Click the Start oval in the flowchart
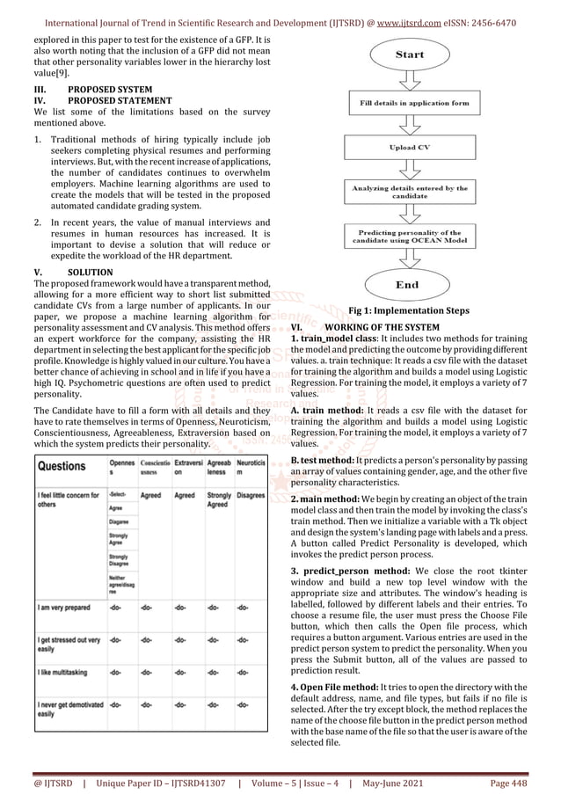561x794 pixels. (410, 55)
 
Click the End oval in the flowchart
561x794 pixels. (410, 284)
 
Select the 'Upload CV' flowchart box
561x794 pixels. (410, 147)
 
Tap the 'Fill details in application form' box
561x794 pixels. (410, 104)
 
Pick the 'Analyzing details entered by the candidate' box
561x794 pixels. (410, 192)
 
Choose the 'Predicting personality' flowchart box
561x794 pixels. (410, 237)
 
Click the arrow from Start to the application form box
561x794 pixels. (410, 80)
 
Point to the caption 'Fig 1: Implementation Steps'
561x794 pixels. (410, 310)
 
